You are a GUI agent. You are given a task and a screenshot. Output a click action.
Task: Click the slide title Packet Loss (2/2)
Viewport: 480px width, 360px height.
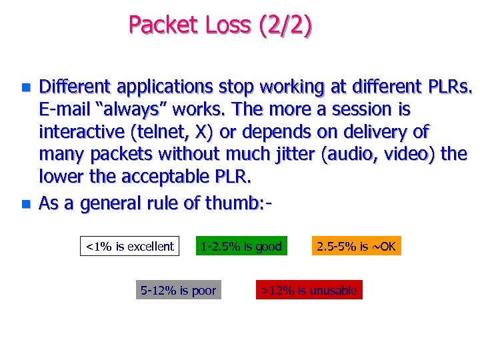pos(219,25)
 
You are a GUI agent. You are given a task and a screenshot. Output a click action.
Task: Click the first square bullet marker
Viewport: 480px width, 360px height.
pos(25,87)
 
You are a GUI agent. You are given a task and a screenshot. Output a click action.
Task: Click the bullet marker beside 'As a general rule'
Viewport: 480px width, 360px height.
pos(25,203)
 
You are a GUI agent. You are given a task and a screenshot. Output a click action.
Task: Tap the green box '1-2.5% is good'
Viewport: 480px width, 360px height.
pos(241,247)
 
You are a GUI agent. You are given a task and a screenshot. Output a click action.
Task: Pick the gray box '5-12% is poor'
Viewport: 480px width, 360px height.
pos(179,290)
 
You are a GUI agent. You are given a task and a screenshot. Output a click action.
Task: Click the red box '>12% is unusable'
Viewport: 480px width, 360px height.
pos(309,290)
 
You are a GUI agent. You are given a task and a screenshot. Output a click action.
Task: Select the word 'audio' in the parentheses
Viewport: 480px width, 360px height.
pos(347,155)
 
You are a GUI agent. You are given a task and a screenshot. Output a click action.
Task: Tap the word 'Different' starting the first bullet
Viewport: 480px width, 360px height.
pos(75,87)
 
